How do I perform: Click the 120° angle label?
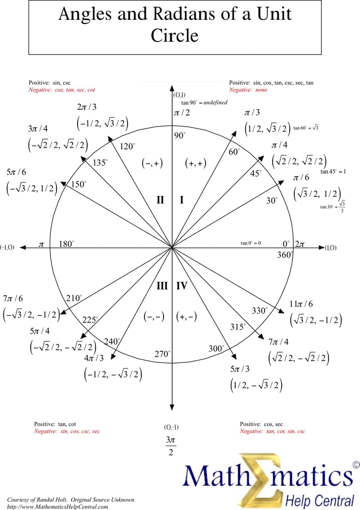pos(127,146)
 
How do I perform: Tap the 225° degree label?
pos(90,320)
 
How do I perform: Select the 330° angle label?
pos(260,311)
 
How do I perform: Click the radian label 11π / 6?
pos(301,304)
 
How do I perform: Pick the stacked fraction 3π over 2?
pos(171,445)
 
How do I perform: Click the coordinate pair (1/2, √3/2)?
pos(267,129)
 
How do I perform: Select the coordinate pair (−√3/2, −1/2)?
pos(31,314)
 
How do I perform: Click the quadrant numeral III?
pos(162,286)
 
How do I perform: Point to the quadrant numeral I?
pos(181,200)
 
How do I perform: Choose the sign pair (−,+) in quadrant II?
pos(152,164)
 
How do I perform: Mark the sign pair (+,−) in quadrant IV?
pos(186,317)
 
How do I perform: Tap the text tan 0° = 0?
pos(251,243)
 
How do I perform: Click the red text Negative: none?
pos(248,90)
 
